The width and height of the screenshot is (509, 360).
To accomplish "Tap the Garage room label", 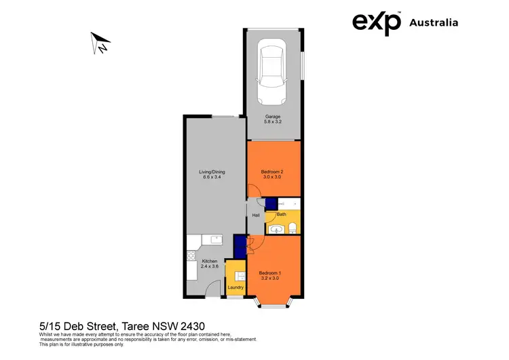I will click(273, 116).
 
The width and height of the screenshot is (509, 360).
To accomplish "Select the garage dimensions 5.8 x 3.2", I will click(273, 122).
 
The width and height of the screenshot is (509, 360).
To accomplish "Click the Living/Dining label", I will click(212, 172).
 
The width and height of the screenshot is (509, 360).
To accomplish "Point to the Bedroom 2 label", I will click(271, 172).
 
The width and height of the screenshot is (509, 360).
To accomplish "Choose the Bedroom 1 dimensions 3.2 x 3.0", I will click(269, 278).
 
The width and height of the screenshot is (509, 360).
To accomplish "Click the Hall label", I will click(256, 215).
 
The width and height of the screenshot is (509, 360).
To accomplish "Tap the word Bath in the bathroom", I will click(282, 214).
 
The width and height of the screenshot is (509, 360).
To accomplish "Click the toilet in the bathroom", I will click(293, 227).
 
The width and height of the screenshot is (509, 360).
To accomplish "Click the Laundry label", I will click(235, 287).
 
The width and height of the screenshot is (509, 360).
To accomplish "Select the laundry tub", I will click(240, 274).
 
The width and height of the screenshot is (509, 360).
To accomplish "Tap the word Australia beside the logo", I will click(434, 22).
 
